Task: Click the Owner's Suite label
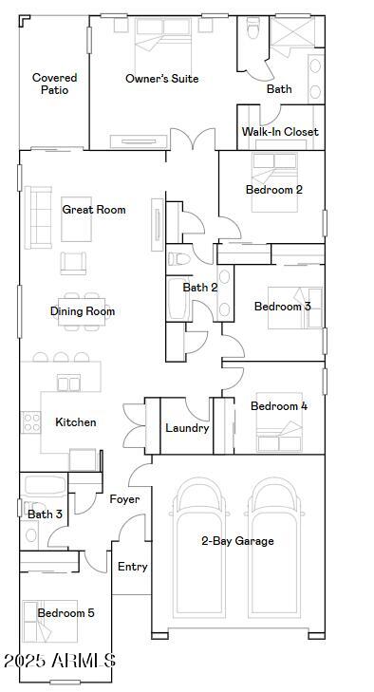pyautogui.click(x=162, y=79)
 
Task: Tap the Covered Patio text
pyautogui.click(x=55, y=84)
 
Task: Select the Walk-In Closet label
pyautogui.click(x=280, y=132)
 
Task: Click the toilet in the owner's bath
pyautogui.click(x=253, y=27)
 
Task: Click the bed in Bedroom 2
pyautogui.click(x=274, y=182)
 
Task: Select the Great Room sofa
pyautogui.click(x=38, y=217)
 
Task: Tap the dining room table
pyautogui.click(x=82, y=311)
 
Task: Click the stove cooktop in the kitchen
pyautogui.click(x=31, y=421)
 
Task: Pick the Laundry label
pyautogui.click(x=187, y=428)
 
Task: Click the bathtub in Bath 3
pyautogui.click(x=45, y=485)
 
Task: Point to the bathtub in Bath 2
pyautogui.click(x=178, y=299)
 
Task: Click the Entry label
pyautogui.click(x=133, y=567)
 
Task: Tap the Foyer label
pyautogui.click(x=124, y=499)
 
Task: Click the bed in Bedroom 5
pyautogui.click(x=50, y=622)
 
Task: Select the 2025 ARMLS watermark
pyautogui.click(x=60, y=661)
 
